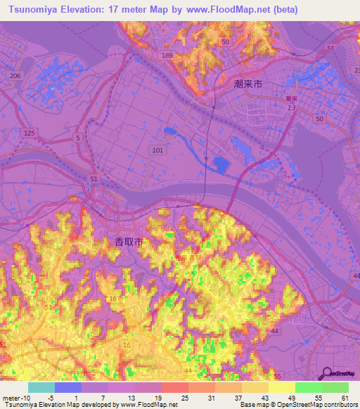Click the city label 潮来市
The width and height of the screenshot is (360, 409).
point(247,84)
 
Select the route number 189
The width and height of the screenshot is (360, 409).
point(167,55)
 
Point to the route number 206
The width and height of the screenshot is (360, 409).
point(15,76)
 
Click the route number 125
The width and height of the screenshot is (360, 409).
point(29,133)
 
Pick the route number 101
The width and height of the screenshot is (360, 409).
point(157,150)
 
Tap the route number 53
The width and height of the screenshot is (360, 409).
point(330,48)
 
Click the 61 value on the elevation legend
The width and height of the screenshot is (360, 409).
point(344,398)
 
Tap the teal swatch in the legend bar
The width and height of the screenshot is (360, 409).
point(41,387)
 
